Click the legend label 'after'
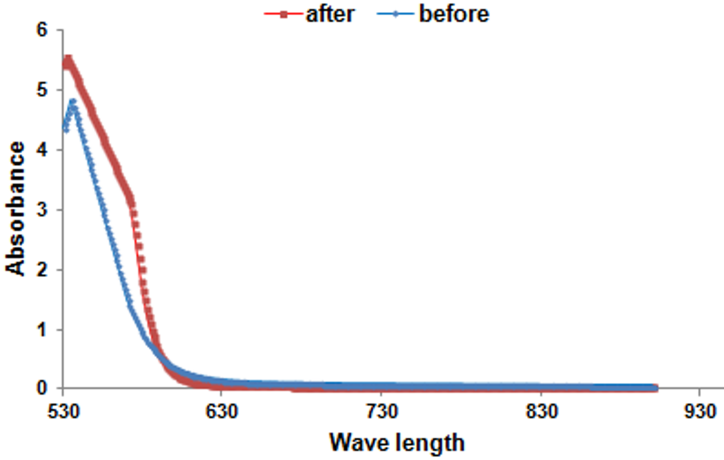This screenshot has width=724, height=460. pos(330,14)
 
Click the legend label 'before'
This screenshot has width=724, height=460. pos(454,14)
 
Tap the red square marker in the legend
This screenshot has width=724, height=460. pos(284,14)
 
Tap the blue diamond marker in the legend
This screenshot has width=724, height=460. pos(395,14)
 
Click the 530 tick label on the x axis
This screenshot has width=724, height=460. pos(64,411)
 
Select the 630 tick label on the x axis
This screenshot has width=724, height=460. pos(222,411)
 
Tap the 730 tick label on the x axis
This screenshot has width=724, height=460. pos(382,411)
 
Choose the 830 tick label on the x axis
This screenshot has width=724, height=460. pos(542,411)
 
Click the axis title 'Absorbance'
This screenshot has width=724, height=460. pos(15,208)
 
